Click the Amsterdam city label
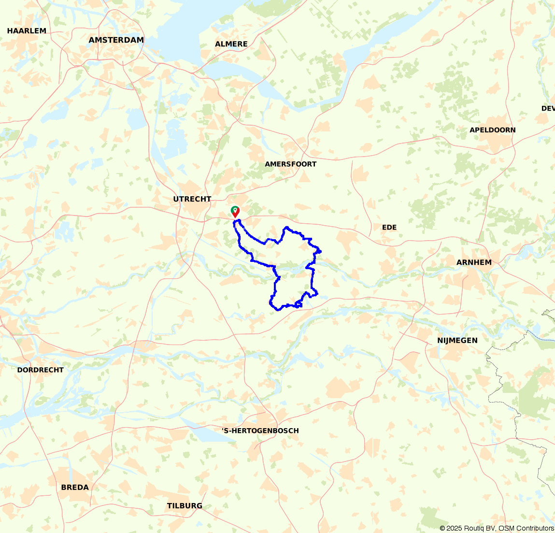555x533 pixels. click(116, 40)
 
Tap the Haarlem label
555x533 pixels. click(27, 31)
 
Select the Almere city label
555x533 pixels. click(231, 44)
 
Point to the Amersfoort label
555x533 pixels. click(290, 164)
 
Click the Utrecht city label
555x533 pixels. click(192, 199)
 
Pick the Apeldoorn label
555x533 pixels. click(492, 130)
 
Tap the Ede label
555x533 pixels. click(389, 228)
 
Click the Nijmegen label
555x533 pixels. click(457, 341)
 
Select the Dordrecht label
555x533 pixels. click(40, 370)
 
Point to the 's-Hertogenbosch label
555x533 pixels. click(260, 431)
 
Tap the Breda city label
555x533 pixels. click(75, 488)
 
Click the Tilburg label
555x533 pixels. click(185, 506)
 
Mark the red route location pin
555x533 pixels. click(236, 213)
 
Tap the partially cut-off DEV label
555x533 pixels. click(548, 109)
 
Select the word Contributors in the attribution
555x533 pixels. click(536, 528)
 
